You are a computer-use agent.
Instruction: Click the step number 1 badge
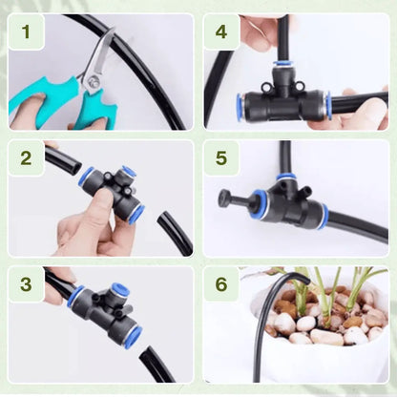pos(27,35)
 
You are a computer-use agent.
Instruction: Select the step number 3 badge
pos(27,283)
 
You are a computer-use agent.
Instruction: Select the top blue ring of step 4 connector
pos(283,66)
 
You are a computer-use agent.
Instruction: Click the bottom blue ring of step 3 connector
pos(132,336)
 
